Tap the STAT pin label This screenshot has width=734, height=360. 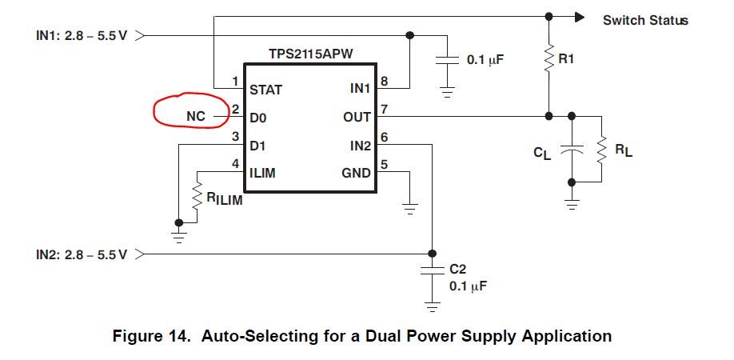(x=265, y=90)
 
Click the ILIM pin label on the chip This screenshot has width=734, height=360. (x=263, y=172)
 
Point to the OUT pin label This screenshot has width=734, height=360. (x=357, y=118)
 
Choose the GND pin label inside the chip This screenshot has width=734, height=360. (x=356, y=172)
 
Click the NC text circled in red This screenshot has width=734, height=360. (x=195, y=117)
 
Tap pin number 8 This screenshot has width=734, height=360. (x=384, y=81)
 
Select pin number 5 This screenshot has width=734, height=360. (x=384, y=166)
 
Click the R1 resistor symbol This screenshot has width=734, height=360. (x=549, y=58)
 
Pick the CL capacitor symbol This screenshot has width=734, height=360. (x=571, y=150)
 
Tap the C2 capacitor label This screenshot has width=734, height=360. (x=457, y=270)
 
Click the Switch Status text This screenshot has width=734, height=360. (x=644, y=20)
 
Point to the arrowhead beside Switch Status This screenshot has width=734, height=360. (x=581, y=16)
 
